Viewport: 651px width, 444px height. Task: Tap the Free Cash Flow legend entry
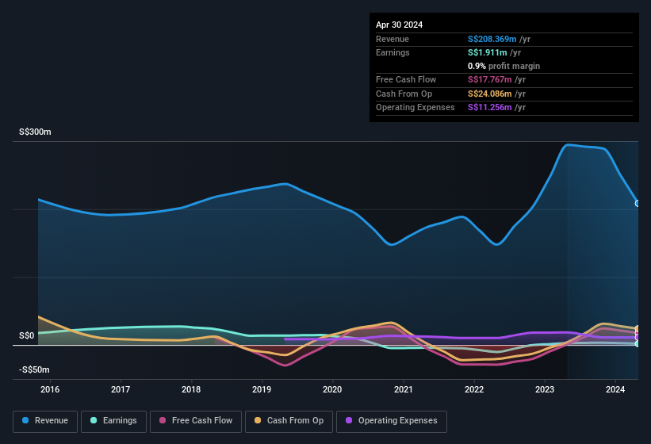coord(196,420)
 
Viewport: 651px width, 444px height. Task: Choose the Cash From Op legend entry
coord(289,420)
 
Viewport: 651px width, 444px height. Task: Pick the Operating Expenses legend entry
coord(391,420)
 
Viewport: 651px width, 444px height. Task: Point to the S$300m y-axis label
coord(35,132)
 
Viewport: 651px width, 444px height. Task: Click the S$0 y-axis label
coord(27,336)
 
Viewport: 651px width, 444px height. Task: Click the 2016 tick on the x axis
coord(50,389)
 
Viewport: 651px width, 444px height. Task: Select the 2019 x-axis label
coord(262,389)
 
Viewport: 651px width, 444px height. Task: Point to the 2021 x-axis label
coord(403,389)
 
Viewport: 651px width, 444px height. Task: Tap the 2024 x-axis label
coord(613,389)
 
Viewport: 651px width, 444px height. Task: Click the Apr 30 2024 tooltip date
coord(400,25)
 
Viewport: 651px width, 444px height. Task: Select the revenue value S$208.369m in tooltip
coord(492,39)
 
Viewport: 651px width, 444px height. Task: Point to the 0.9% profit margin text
coord(504,66)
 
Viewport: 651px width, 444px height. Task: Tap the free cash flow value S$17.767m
coord(490,79)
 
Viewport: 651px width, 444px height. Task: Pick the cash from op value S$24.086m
coord(491,94)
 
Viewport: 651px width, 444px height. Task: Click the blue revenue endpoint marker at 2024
coord(638,204)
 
